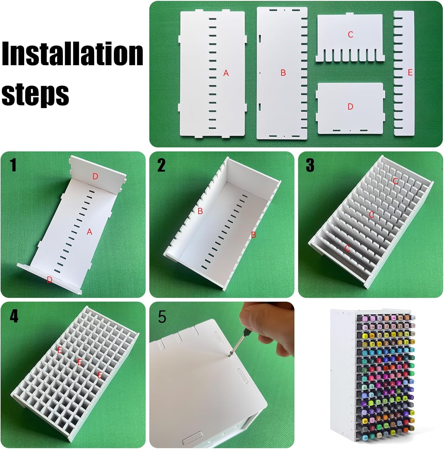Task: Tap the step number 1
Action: pos(13,165)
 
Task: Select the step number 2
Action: pos(161,165)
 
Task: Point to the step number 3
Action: pos(310,165)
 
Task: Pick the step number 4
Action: pos(14,316)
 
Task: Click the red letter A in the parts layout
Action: pos(226,73)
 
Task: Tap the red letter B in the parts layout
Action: pos(283,73)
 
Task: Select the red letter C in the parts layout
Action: pos(350,35)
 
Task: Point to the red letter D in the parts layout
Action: pos(350,107)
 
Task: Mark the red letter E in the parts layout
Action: pos(410,72)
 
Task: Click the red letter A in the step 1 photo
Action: pos(89,232)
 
